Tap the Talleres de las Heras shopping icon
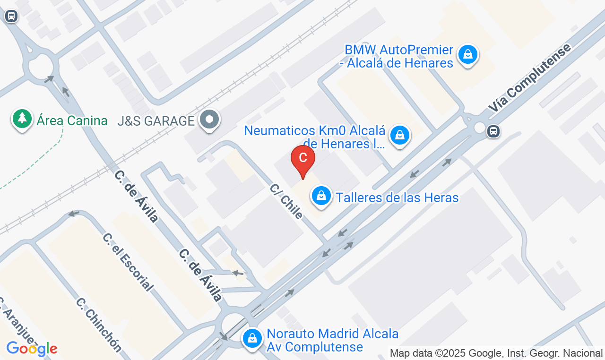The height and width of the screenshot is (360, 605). click(321, 196)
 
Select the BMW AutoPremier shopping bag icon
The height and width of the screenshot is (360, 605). click(467, 54)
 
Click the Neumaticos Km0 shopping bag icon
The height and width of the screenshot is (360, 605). click(400, 136)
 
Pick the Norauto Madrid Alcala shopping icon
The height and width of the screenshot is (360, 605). click(253, 338)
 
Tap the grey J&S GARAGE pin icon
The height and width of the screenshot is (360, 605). click(209, 120)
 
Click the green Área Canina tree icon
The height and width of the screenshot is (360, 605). click(22, 119)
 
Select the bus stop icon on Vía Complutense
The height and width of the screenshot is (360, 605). click(493, 131)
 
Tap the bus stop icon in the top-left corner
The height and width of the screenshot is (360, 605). click(11, 17)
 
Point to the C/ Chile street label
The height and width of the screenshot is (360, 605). click(286, 201)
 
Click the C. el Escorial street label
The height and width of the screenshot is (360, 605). click(128, 262)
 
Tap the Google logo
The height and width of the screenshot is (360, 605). click(32, 349)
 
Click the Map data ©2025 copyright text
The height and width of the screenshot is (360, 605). click(496, 353)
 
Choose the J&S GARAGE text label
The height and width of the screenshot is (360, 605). click(156, 121)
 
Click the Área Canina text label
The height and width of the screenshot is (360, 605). click(72, 120)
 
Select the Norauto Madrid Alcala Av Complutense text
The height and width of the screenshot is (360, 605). click(333, 340)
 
